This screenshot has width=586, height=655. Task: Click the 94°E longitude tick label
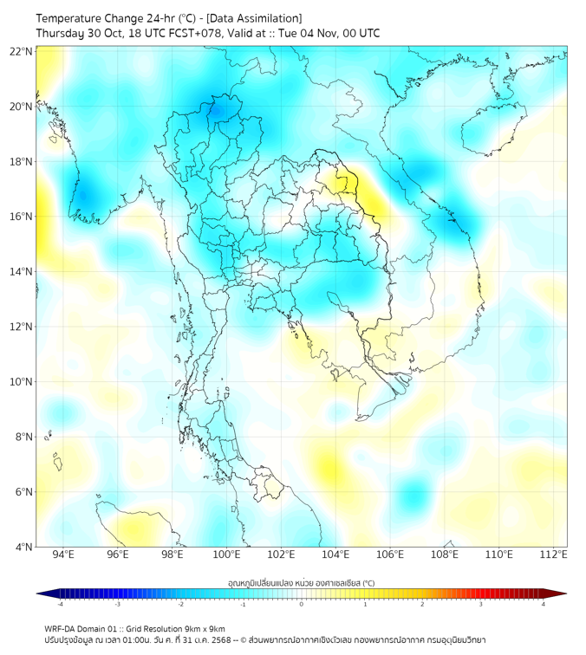63,555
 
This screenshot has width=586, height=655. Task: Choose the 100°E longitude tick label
227,555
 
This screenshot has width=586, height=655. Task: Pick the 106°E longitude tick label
390,555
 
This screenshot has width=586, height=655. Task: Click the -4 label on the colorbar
60,604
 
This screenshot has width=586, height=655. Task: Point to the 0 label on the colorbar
302,604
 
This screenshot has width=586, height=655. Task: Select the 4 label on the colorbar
543,604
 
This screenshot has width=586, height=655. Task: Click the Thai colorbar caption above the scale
301,582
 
